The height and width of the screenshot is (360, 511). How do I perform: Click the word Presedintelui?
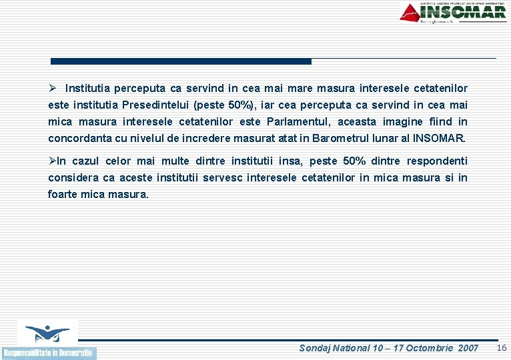[x=154, y=105]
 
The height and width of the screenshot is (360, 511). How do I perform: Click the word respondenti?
[x=437, y=161]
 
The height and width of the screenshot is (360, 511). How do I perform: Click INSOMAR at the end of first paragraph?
[x=440, y=139]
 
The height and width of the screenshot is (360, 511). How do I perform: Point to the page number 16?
[x=502, y=347]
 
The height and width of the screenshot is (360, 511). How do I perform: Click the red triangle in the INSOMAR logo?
[x=410, y=12]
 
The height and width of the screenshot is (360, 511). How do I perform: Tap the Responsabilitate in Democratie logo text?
[x=49, y=353]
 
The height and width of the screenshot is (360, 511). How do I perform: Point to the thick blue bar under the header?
[x=181, y=61]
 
